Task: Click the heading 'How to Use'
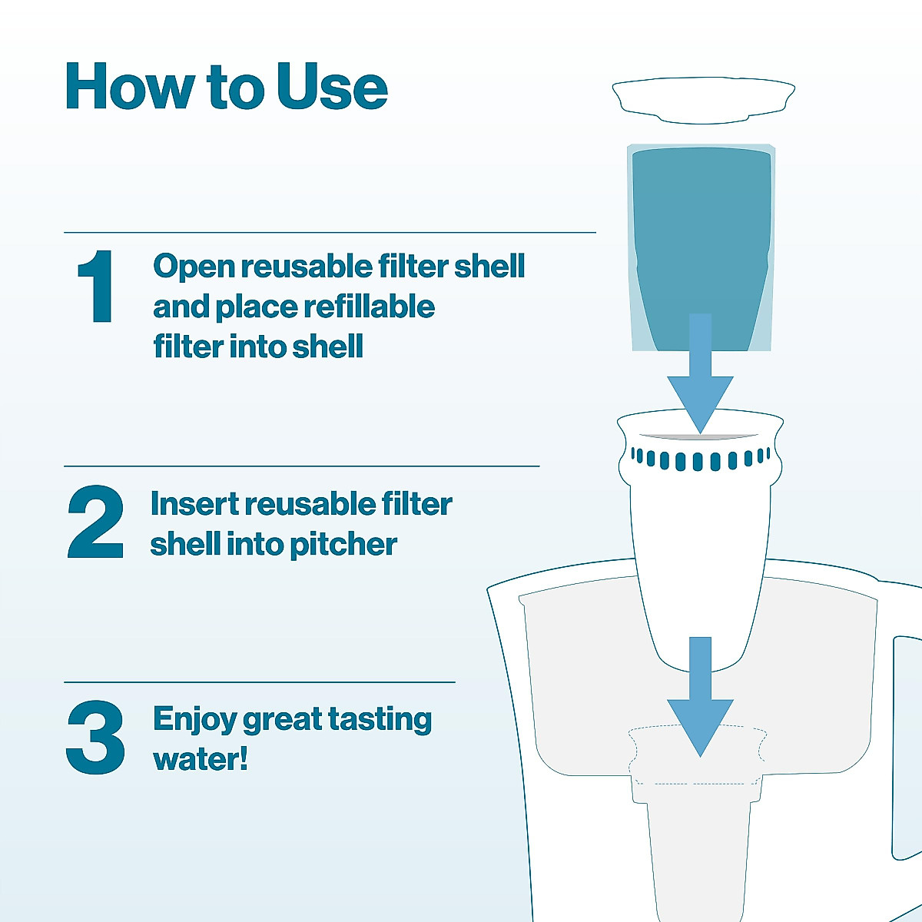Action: pos(227,87)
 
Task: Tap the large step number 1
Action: pos(97,287)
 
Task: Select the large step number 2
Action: pos(96,522)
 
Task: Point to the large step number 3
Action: pos(96,738)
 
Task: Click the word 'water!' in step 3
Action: pos(201,759)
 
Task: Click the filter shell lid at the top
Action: pos(703,100)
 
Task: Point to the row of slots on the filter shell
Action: pos(700,460)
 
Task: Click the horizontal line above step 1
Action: pos(330,232)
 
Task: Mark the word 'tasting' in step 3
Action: pos(380,720)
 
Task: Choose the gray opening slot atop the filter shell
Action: pos(700,436)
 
